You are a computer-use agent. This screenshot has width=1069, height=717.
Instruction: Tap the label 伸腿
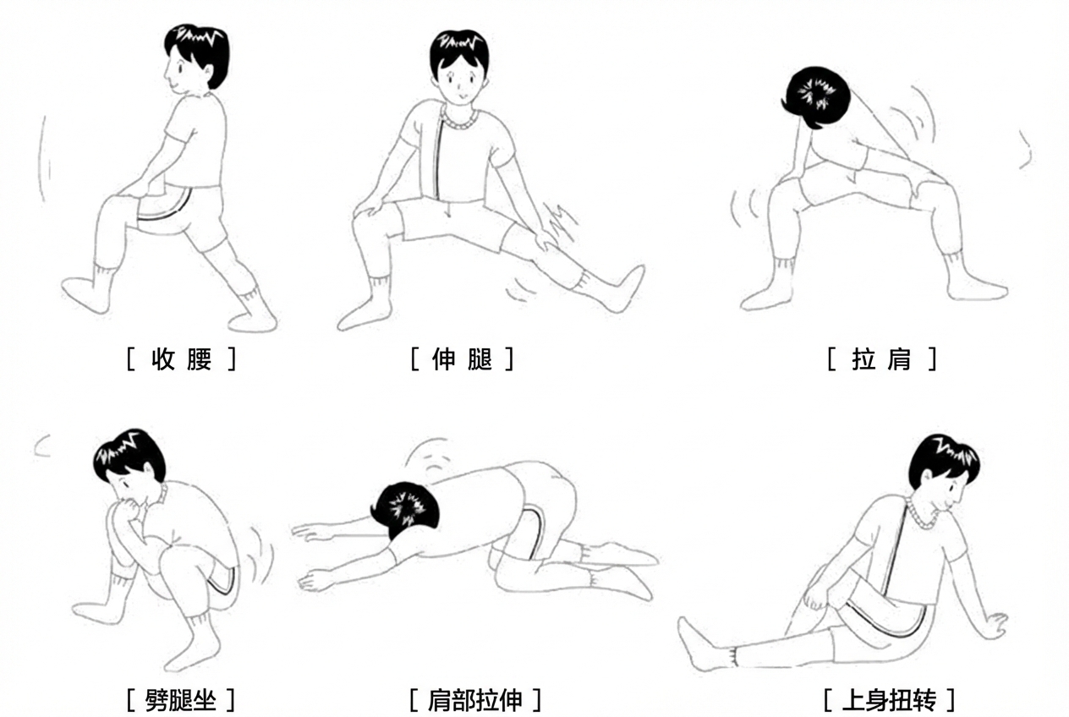462,360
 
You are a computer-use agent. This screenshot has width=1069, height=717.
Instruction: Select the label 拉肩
881,360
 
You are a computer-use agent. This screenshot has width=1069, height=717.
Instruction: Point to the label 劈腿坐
181,700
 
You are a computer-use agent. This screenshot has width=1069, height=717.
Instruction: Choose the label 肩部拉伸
474,700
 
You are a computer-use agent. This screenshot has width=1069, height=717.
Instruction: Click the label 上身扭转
889,700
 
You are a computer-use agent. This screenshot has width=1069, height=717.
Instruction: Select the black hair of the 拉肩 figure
814,96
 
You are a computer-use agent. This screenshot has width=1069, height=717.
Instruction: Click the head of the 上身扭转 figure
942,468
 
